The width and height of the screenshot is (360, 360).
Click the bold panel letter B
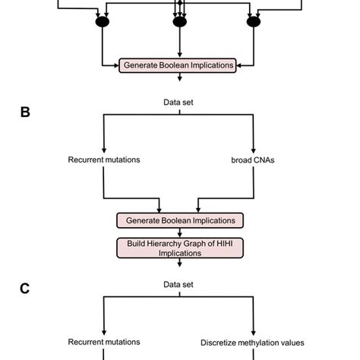(25, 113)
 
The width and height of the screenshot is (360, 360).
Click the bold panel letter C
(25, 288)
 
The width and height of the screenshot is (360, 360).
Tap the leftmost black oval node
(102, 23)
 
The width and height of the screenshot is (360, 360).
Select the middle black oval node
(179, 23)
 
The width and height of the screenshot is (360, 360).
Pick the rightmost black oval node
(253, 23)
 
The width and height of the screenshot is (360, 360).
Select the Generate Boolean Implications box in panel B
(179, 221)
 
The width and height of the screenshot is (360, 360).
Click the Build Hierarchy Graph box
(179, 248)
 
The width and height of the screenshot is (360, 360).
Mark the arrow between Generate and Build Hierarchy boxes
(179, 233)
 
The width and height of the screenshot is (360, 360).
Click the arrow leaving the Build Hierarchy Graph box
(179, 264)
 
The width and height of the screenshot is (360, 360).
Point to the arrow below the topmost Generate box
(179, 79)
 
